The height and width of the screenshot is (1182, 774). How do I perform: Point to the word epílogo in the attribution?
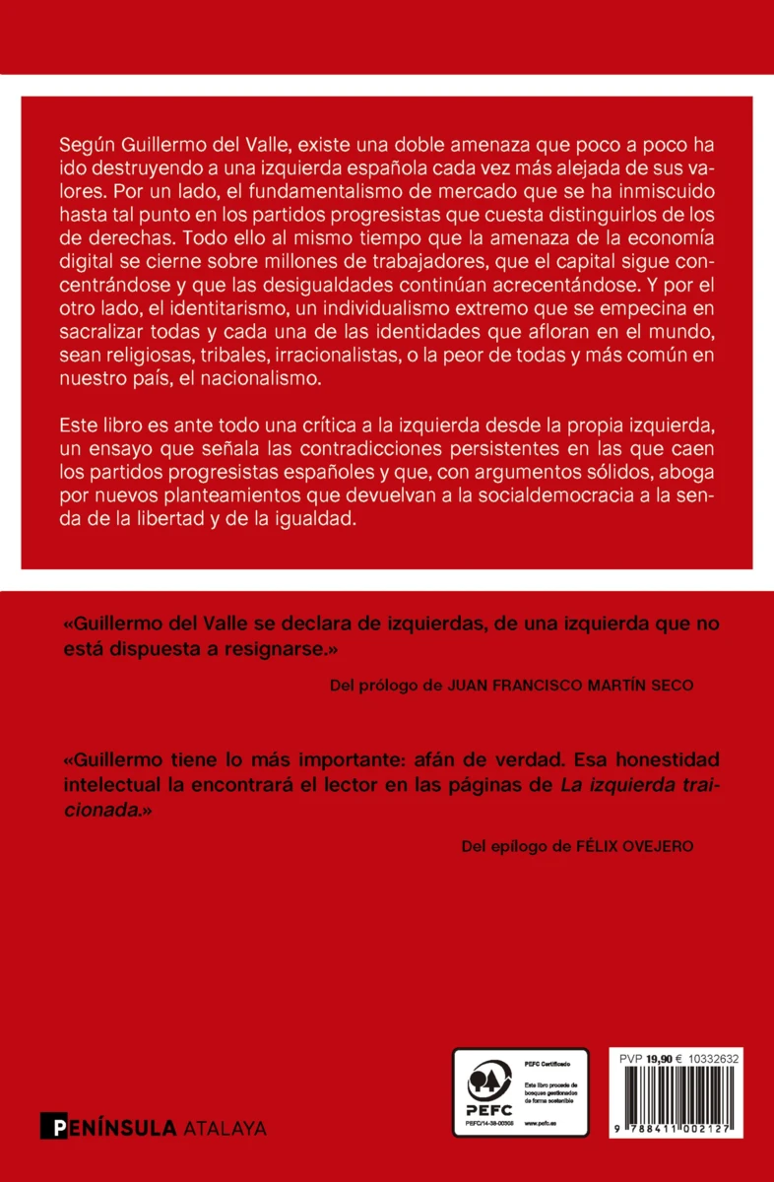pos(522,845)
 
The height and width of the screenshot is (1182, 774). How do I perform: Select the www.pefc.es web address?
pos(541,1122)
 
